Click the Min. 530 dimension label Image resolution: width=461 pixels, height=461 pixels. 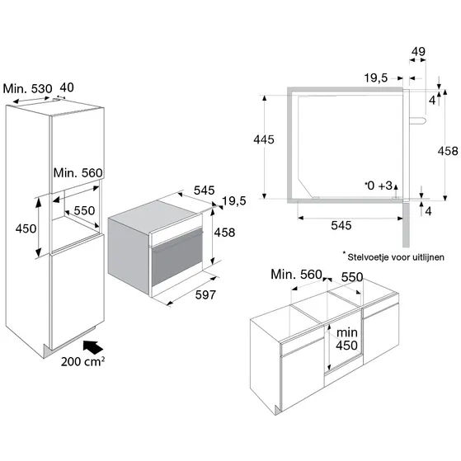pyautogui.click(x=27, y=88)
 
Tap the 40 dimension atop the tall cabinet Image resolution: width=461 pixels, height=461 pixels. pyautogui.click(x=67, y=87)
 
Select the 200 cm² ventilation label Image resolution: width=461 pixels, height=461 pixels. pyautogui.click(x=82, y=361)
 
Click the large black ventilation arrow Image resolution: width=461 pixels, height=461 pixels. pyautogui.click(x=92, y=347)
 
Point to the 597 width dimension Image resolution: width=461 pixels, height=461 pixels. pyautogui.click(x=205, y=295)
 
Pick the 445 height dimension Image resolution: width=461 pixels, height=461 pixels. pyautogui.click(x=264, y=139)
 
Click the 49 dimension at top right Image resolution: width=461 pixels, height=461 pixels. pyautogui.click(x=418, y=52)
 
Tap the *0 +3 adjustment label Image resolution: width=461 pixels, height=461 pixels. pyautogui.click(x=379, y=186)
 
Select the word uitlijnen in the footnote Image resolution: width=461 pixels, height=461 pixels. pyautogui.click(x=428, y=257)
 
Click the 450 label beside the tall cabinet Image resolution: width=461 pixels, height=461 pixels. pyautogui.click(x=26, y=228)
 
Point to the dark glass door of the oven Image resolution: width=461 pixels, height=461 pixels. pyautogui.click(x=177, y=257)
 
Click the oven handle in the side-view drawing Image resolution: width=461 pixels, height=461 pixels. pyautogui.click(x=417, y=120)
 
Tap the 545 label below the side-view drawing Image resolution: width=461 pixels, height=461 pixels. pyautogui.click(x=341, y=226)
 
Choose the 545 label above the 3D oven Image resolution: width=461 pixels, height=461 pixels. pyautogui.click(x=204, y=191)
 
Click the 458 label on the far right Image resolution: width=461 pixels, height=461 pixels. pyautogui.click(x=448, y=152)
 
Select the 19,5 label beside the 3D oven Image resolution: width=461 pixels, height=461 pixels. pyautogui.click(x=234, y=201)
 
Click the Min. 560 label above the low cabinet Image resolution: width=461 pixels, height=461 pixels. pyautogui.click(x=296, y=275)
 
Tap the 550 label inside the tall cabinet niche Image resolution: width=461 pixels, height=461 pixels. pyautogui.click(x=84, y=211)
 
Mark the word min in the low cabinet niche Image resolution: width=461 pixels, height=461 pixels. pyautogui.click(x=347, y=333)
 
